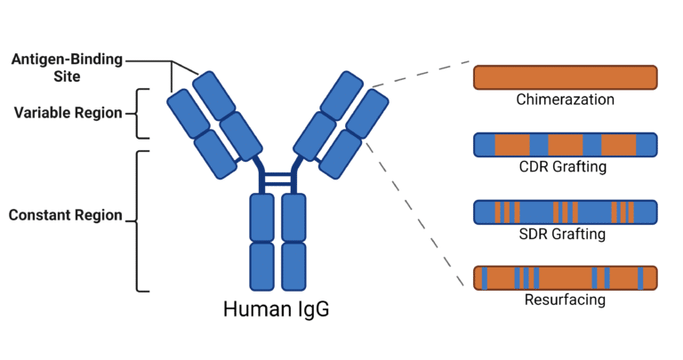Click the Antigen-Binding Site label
pos(67,68)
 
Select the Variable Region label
pos(67,113)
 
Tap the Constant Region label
pos(64,216)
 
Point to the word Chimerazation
pos(565,100)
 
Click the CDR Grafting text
pos(565,167)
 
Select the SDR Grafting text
pos(565,235)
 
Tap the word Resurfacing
pos(565,300)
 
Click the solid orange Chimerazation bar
pos(565,77)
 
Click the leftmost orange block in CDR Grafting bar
pos(511,144)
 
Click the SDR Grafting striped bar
pos(565,212)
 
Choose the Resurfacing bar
pos(565,278)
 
